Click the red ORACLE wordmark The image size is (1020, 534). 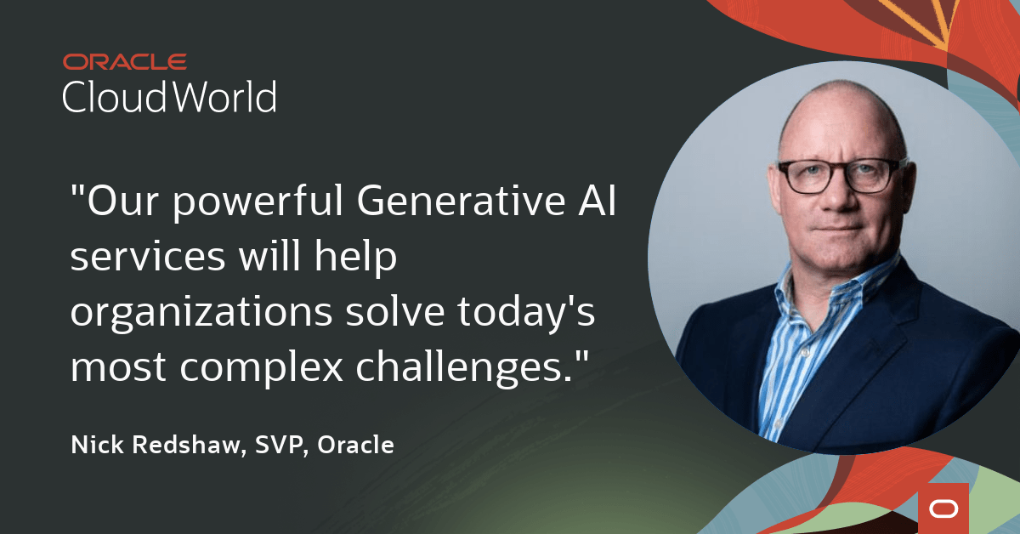pyautogui.click(x=124, y=62)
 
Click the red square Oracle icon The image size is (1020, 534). pyautogui.click(x=943, y=508)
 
